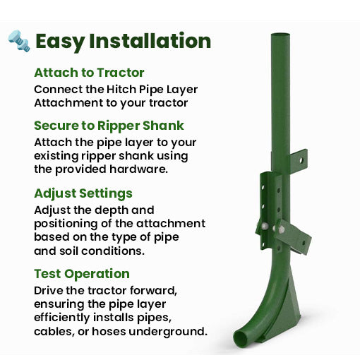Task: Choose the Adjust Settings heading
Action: point(83,193)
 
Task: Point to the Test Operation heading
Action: point(82,273)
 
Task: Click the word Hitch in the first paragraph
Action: point(124,90)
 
